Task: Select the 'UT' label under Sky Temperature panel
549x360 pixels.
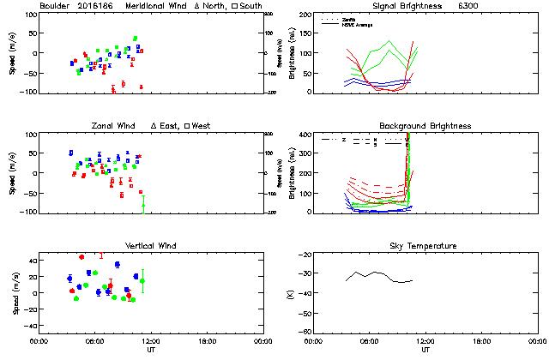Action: (425, 350)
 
